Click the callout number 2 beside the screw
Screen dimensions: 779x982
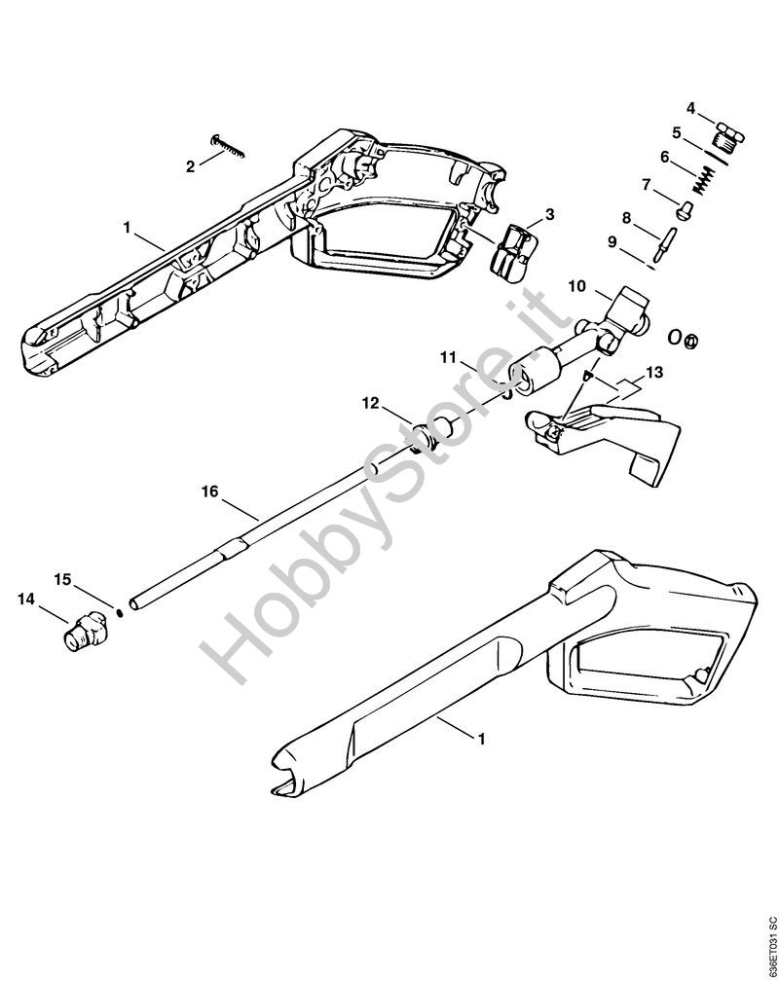point(191,166)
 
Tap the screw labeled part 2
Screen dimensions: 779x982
point(229,146)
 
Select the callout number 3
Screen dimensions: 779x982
point(549,215)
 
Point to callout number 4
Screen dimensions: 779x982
point(690,108)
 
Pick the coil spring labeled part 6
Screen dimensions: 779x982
point(704,179)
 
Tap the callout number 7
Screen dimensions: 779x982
point(647,185)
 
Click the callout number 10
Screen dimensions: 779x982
point(577,286)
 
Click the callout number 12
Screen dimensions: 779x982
point(371,403)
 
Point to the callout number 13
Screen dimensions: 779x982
point(653,373)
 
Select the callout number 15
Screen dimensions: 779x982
point(62,579)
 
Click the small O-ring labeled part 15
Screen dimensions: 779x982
point(120,610)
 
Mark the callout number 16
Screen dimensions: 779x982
point(209,491)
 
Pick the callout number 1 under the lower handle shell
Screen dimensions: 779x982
point(481,739)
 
